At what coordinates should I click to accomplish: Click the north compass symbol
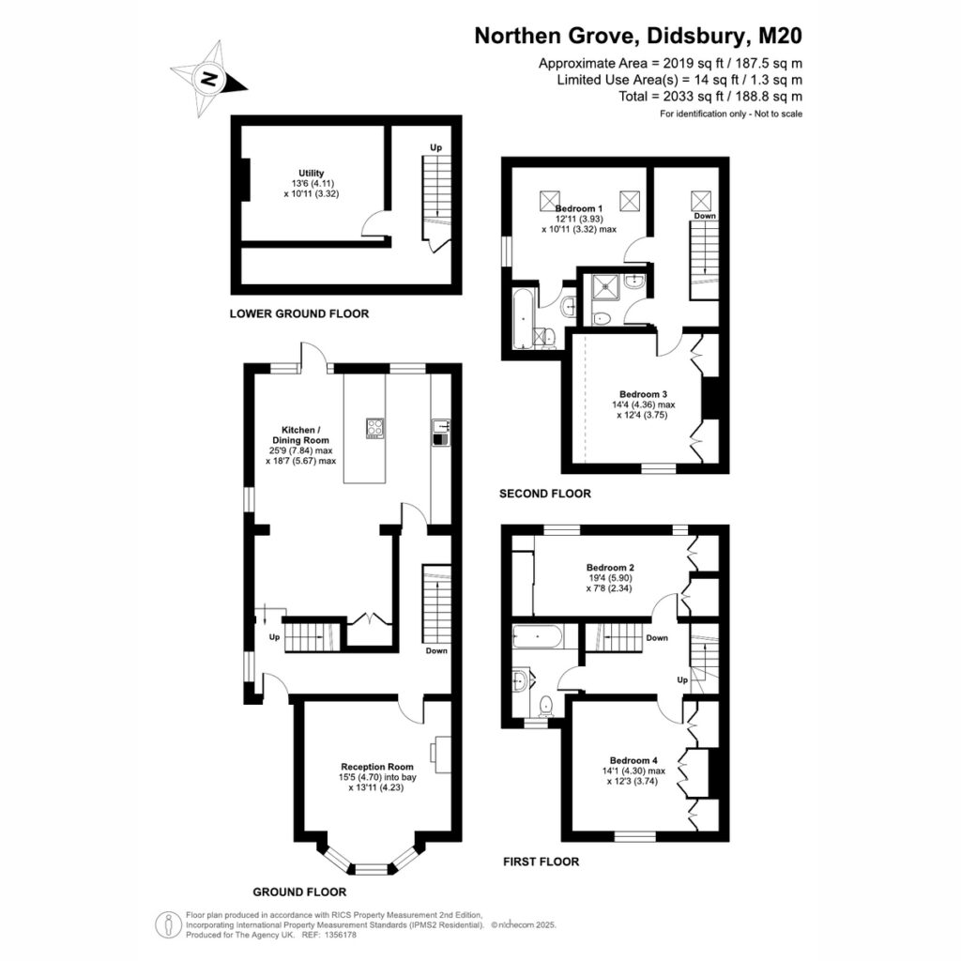208,79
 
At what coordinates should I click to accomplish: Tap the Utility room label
312,174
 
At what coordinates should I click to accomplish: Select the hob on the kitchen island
374,428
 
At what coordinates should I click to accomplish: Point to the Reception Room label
377,767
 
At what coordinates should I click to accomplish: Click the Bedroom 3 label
643,394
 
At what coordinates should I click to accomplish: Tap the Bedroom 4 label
633,760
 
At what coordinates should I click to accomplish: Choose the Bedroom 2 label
610,568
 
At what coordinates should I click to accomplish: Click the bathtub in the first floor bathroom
536,637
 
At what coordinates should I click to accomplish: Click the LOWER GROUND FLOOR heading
299,313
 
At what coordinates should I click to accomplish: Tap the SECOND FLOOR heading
545,494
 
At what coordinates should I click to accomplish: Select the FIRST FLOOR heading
542,862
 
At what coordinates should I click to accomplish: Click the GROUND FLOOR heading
299,892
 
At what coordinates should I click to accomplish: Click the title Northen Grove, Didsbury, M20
638,36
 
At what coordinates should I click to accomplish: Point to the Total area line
710,97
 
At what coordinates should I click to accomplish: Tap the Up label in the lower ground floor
435,147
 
